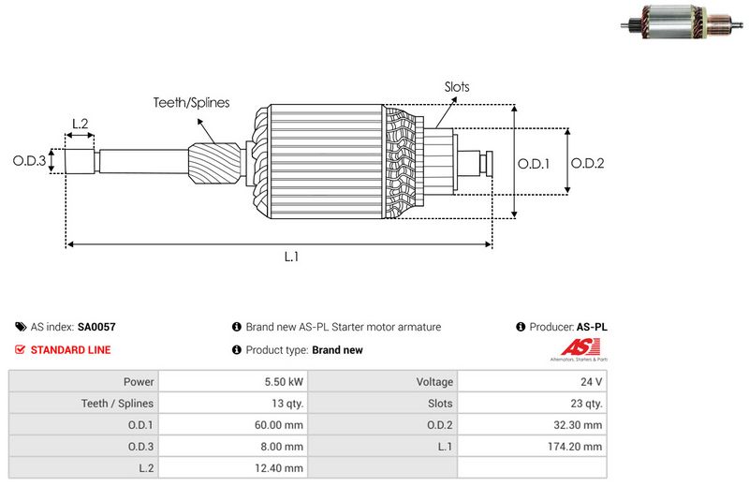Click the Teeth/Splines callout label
191,103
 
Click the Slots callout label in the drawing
457,87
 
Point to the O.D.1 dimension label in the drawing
534,163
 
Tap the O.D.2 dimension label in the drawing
588,163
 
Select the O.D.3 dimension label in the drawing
29,161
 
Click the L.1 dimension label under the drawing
291,257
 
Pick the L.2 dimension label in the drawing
80,124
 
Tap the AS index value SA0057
96,328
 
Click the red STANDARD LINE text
71,350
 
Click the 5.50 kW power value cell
283,382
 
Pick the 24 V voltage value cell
592,382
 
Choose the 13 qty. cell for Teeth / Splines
285,404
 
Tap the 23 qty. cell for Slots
586,404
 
